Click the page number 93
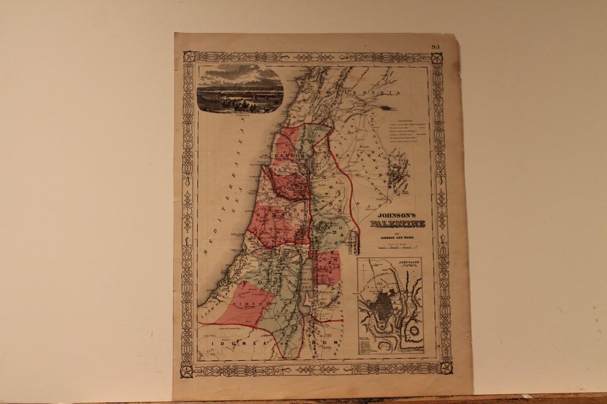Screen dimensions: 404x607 click(x=435, y=47)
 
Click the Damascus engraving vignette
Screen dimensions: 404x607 click(x=241, y=88)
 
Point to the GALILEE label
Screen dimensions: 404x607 click(x=287, y=158)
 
